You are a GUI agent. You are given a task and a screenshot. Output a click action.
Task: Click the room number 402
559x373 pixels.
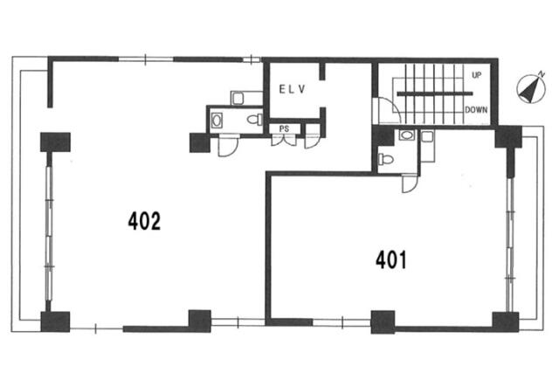tap(144, 221)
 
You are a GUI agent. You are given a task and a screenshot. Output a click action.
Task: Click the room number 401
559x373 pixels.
tap(391, 259)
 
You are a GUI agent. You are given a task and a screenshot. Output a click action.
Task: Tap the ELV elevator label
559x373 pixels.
tap(293, 89)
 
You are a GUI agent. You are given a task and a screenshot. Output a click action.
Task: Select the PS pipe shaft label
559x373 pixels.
tap(284, 128)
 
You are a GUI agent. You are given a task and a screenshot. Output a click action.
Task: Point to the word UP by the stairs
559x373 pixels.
tap(476, 75)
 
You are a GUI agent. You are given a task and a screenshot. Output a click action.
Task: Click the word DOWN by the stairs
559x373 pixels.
tap(476, 110)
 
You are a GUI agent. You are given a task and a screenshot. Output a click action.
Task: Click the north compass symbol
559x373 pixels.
tap(531, 89)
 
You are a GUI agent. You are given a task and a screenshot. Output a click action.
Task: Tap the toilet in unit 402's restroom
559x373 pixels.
tap(254, 120)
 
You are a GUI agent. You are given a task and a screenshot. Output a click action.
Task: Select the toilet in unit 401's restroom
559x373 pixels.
tap(385, 159)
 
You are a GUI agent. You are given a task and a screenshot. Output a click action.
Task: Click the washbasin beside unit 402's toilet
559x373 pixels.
tap(217, 121)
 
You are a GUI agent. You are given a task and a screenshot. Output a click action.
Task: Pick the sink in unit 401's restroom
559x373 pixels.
tap(407, 135)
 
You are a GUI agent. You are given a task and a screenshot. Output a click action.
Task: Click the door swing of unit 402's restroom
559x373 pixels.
tap(228, 146)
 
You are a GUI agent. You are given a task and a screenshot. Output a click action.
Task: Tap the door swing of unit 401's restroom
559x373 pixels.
tap(410, 184)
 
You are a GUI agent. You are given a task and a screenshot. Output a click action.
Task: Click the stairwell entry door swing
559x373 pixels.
tap(387, 110)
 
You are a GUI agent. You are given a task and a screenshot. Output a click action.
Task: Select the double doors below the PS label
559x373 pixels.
tap(284, 140)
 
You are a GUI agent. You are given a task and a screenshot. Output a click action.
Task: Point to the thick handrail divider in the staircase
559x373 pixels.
tap(435, 93)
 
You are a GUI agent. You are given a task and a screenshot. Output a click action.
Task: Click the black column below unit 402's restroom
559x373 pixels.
tap(200, 142)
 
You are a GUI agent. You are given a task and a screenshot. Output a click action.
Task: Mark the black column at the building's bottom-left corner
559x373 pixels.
tap(55, 321)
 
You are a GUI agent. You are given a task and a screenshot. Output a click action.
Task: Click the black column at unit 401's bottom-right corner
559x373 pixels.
tap(506, 321)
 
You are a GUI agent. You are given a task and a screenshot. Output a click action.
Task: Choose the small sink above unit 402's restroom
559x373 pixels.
tap(238, 98)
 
